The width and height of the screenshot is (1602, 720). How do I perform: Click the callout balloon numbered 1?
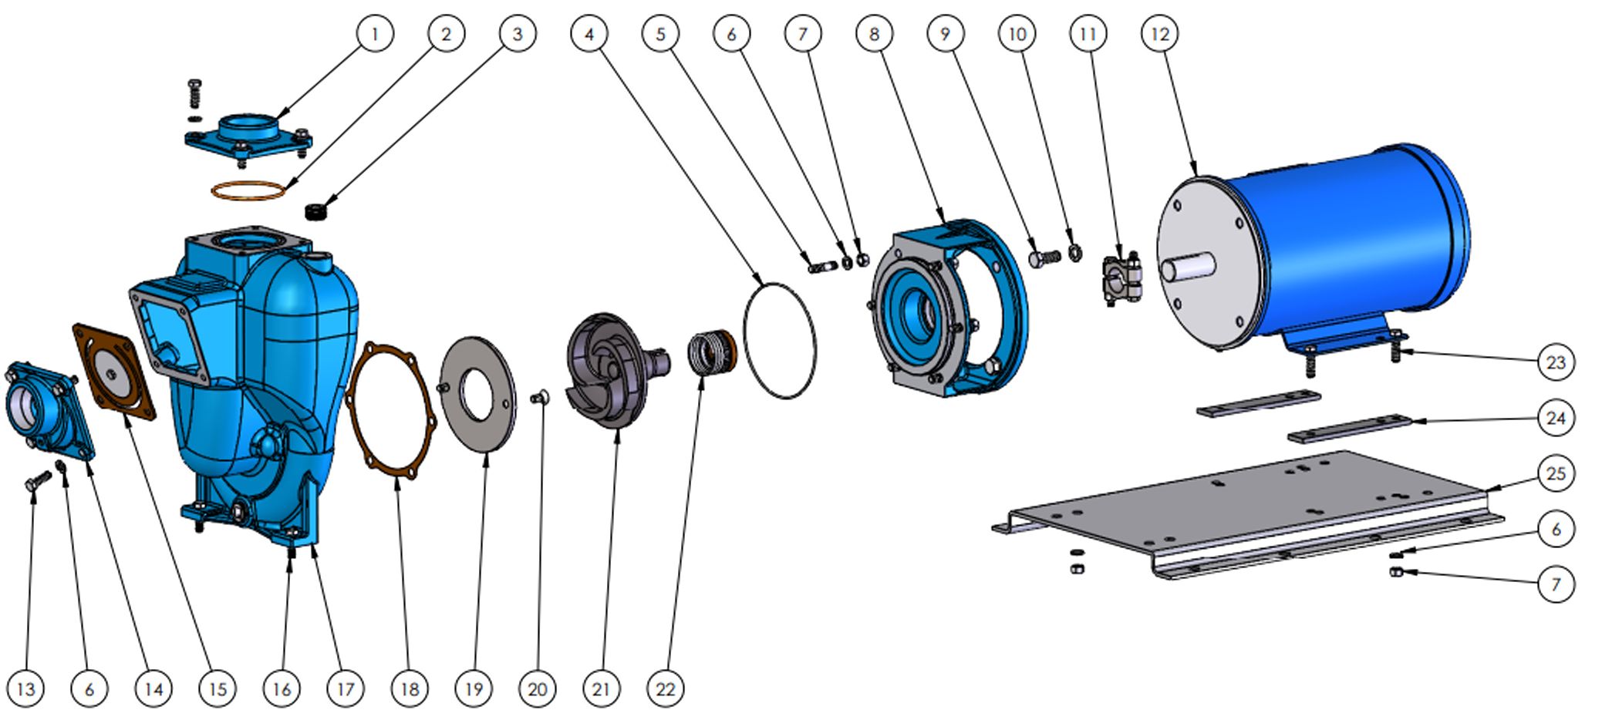(x=375, y=34)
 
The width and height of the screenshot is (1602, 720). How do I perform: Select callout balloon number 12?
(x=1159, y=34)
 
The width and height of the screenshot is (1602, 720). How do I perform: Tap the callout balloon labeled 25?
(x=1555, y=473)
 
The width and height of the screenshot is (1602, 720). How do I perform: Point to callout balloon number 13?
(x=25, y=688)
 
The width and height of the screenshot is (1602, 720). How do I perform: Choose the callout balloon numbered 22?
(x=665, y=688)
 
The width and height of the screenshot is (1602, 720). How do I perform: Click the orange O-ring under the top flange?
(x=248, y=190)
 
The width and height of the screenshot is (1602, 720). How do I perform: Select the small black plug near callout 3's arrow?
(x=315, y=210)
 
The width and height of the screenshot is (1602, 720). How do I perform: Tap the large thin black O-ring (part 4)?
(x=779, y=340)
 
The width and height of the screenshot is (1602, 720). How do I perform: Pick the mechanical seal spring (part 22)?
(x=710, y=352)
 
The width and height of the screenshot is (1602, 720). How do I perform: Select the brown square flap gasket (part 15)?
(x=114, y=372)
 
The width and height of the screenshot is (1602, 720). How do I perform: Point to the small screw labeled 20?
(x=540, y=398)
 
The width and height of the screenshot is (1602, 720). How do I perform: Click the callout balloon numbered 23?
(x=1555, y=362)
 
